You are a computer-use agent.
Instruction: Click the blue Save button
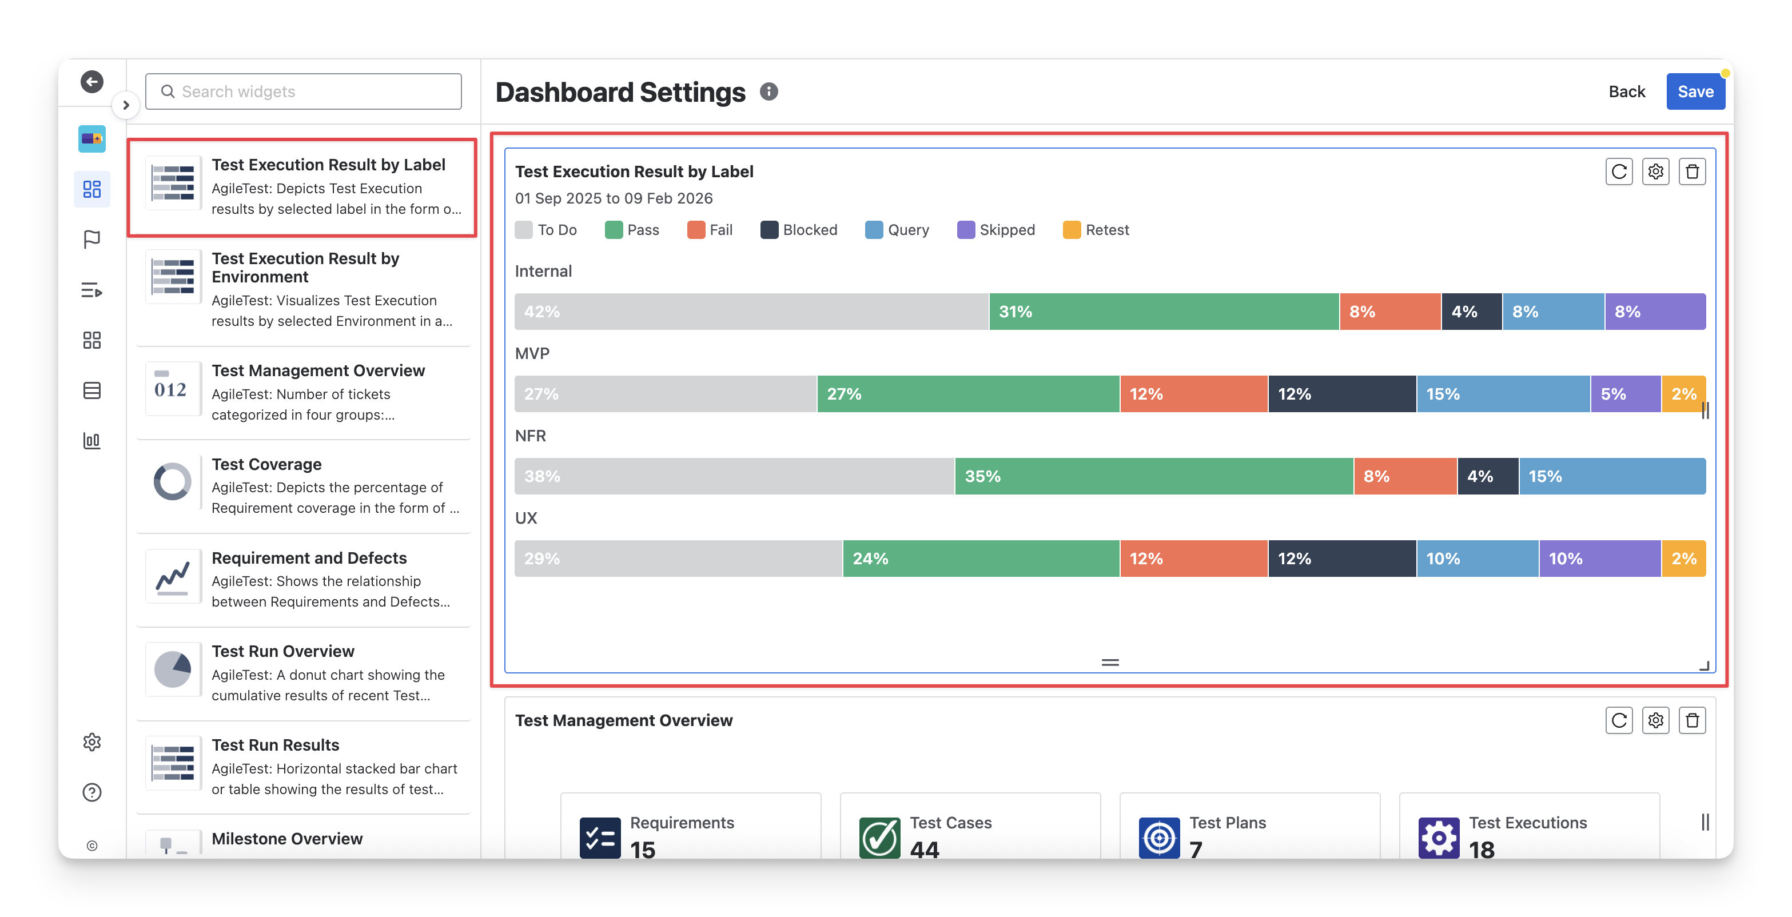click(x=1695, y=91)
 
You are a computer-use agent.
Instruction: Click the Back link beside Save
click(x=1626, y=91)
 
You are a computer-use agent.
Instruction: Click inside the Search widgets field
click(x=303, y=91)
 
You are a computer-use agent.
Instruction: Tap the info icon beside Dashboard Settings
click(x=768, y=91)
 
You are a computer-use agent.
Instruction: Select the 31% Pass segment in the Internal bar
click(x=1164, y=311)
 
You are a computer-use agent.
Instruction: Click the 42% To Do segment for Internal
click(x=751, y=311)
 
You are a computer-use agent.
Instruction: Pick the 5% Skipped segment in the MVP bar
click(x=1626, y=394)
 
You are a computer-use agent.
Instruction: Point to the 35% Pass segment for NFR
click(x=1154, y=476)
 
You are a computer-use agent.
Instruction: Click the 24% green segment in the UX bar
click(x=981, y=558)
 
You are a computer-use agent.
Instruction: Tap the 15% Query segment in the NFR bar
click(x=1612, y=476)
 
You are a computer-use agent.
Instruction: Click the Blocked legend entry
click(x=799, y=230)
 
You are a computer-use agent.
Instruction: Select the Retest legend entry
click(x=1096, y=230)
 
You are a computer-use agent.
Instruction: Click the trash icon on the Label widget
click(x=1692, y=171)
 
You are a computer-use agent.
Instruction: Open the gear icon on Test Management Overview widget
click(x=1656, y=720)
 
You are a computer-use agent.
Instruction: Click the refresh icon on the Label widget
click(x=1619, y=171)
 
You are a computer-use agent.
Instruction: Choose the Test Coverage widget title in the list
click(x=266, y=464)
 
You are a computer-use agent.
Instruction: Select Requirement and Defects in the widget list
click(x=309, y=558)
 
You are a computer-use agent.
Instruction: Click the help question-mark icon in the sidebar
click(x=92, y=792)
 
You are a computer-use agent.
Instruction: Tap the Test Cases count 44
click(x=925, y=849)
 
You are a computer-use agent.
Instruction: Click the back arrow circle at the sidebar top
click(x=92, y=81)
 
